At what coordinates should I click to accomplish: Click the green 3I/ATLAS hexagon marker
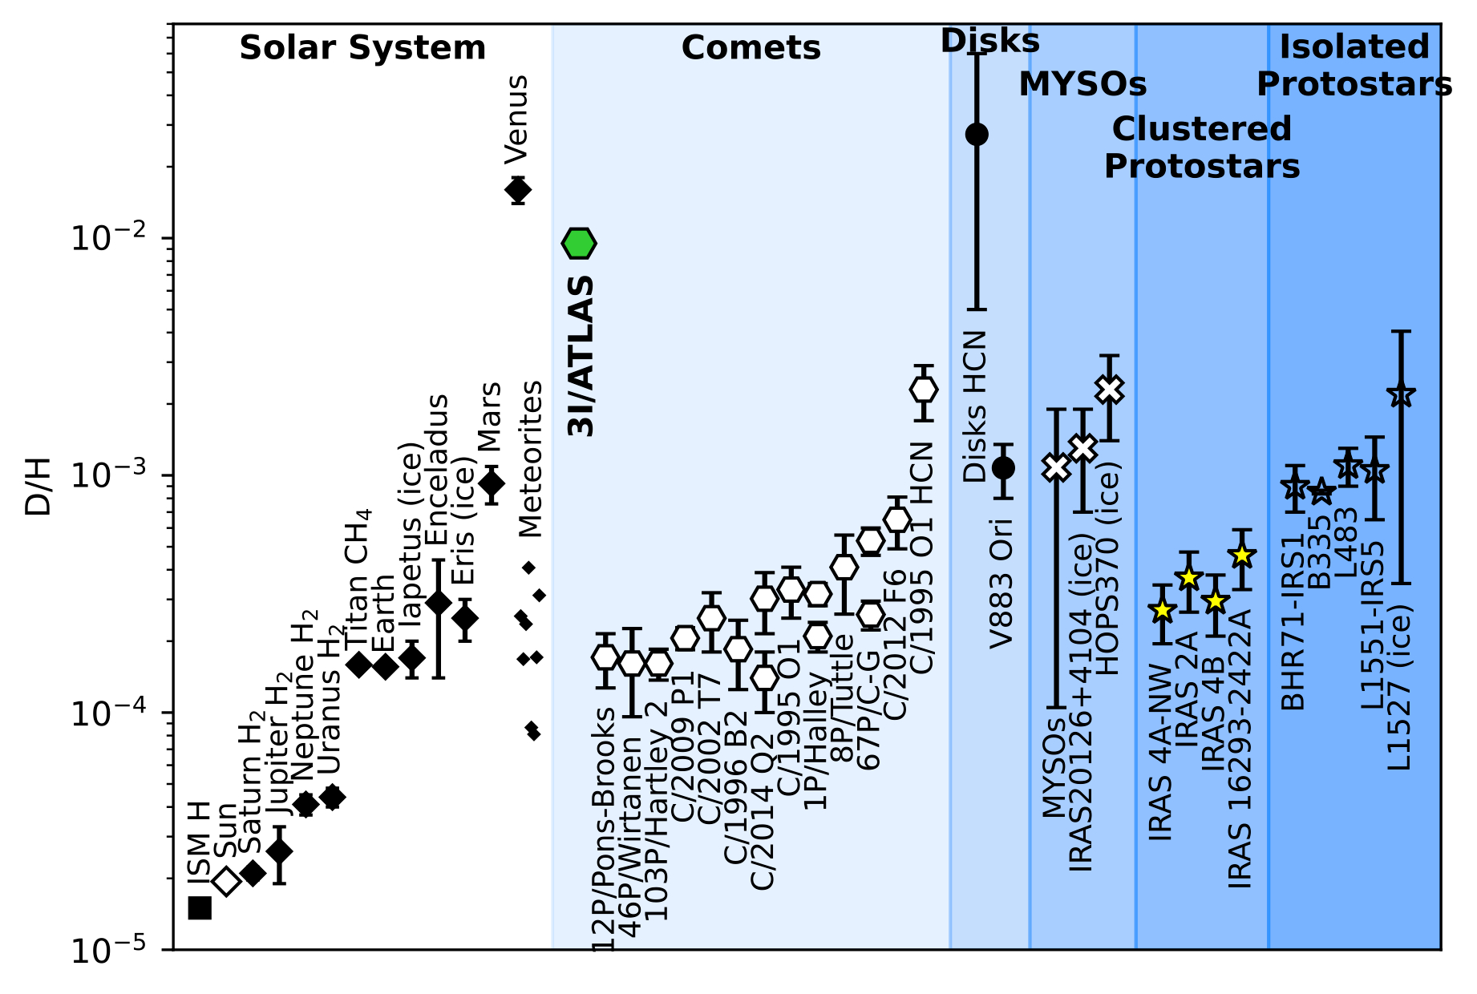[579, 242]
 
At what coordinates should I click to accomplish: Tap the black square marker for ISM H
[200, 907]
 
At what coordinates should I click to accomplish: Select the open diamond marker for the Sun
[227, 880]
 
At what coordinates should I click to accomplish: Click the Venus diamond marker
[518, 190]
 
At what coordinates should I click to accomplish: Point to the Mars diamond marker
[492, 483]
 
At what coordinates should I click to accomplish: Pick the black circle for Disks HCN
[977, 134]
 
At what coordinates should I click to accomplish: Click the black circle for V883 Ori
[1003, 467]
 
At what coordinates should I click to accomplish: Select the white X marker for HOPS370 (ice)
[1109, 390]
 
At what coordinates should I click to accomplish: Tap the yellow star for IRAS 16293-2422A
[1241, 555]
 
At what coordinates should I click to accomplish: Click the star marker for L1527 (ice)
[1401, 394]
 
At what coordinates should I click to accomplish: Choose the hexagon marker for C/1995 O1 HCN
[924, 390]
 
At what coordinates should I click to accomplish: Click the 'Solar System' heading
[362, 48]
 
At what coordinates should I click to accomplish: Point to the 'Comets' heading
[751, 48]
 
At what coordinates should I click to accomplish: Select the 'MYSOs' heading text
[1082, 83]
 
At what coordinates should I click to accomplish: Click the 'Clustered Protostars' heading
[1202, 147]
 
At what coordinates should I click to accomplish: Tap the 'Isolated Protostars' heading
[1354, 66]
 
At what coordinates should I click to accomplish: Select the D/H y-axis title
[38, 487]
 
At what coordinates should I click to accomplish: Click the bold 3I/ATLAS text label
[581, 356]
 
